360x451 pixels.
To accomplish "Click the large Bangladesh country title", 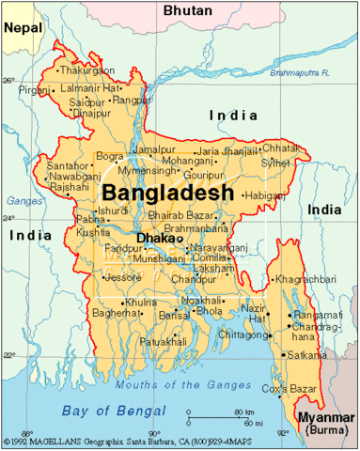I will click(x=164, y=192).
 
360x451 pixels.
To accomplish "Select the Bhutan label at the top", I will click(x=188, y=9).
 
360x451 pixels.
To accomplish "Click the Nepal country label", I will click(x=23, y=28).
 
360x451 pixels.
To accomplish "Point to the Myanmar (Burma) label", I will click(x=325, y=422).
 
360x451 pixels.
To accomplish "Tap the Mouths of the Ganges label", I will click(x=174, y=384).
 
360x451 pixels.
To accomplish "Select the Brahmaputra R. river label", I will click(x=298, y=72).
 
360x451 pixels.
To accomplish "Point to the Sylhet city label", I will click(x=275, y=163).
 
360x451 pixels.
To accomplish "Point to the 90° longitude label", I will click(x=154, y=433).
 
